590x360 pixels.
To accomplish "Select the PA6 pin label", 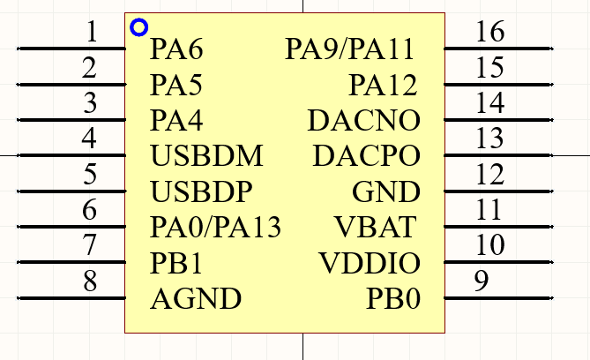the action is tap(176, 49).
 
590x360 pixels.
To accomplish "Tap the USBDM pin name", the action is tap(206, 155).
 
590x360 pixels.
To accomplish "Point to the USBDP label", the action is tap(201, 191).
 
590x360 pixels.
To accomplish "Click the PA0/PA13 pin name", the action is tap(215, 227).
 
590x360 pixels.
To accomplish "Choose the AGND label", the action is tap(196, 298).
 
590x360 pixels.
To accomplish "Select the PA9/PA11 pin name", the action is tap(349, 49).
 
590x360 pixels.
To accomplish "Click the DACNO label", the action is tap(363, 121).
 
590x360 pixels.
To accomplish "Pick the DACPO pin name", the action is tap(366, 155).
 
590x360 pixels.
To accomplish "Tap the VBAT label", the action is tap(375, 227).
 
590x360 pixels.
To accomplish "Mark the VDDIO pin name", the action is tap(370, 262).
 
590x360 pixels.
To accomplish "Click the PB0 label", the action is tap(392, 298).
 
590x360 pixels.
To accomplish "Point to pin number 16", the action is tap(490, 31).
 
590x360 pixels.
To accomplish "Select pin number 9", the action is tap(482, 281).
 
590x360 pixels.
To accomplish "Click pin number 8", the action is tap(90, 281).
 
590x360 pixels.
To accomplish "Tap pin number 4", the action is tap(89, 138).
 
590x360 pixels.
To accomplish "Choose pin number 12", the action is tap(490, 174).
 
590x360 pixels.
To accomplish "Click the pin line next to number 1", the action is tap(71, 49).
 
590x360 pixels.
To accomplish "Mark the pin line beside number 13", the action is tap(498, 155).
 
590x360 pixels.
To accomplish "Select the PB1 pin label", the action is tap(176, 263).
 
